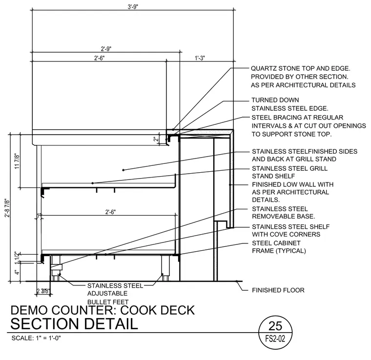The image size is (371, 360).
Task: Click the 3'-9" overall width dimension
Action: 133,7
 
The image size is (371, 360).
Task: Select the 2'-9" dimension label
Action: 106,49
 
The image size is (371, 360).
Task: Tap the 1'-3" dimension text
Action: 200,58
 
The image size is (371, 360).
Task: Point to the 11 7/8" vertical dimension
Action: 17,161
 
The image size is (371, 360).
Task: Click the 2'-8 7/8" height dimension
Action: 7,208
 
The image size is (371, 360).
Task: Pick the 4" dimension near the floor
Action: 17,272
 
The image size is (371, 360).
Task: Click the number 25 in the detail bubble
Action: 275,326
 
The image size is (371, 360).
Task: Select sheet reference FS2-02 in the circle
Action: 275,339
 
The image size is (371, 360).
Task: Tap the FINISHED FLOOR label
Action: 278,290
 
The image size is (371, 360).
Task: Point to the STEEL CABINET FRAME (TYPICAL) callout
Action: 279,247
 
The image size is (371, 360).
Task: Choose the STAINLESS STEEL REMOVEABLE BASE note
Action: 284,213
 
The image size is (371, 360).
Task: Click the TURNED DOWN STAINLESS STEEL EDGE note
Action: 290,104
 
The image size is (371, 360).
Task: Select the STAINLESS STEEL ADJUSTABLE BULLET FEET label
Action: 115,294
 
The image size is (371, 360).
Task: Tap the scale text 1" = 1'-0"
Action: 48,338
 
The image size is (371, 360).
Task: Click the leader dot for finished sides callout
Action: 124,170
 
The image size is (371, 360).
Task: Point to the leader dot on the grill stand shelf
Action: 93,183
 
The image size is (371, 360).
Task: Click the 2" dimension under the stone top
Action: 156,139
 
